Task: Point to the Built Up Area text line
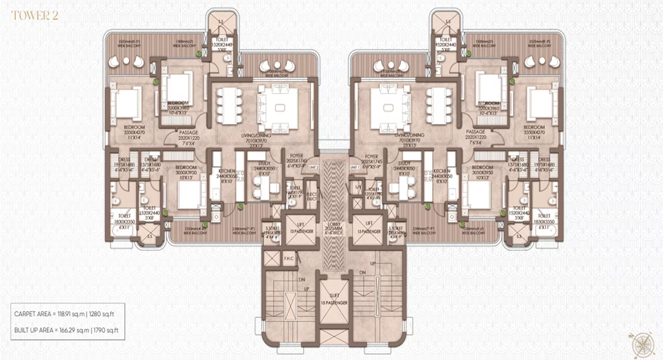tap(67, 330)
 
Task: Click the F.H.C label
tap(289, 259)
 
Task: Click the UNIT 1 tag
tap(354, 167)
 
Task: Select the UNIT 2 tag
tap(314, 167)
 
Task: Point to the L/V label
tap(358, 187)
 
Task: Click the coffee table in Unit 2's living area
tap(280, 108)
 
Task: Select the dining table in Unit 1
tap(437, 105)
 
